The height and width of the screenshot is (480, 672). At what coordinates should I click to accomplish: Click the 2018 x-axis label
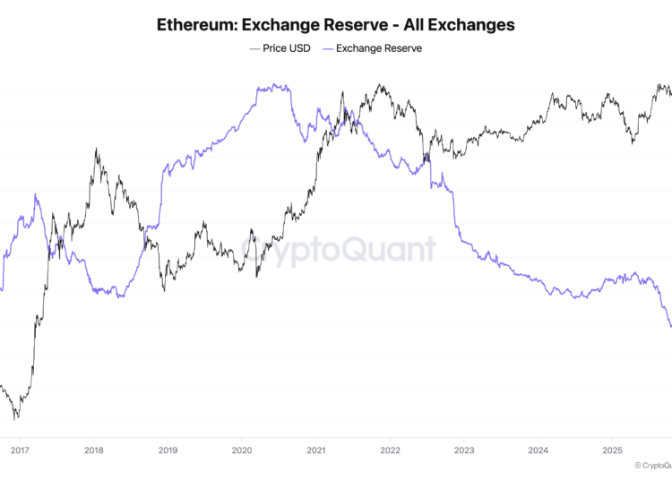[92, 450]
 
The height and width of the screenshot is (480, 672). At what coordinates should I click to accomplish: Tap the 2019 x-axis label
[167, 450]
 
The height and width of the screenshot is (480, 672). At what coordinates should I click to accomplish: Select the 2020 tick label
[241, 450]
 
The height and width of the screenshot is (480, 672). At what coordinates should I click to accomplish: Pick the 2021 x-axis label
[315, 450]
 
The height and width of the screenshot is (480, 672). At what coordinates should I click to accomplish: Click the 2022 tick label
[390, 450]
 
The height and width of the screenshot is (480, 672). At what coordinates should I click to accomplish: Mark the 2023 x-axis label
[464, 450]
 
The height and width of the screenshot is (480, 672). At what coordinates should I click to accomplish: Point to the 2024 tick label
[538, 450]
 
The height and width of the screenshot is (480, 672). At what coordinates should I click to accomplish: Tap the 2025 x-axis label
[613, 450]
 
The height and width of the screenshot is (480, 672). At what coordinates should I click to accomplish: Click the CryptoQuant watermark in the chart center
[337, 249]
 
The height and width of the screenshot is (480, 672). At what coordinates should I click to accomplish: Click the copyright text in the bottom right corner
[652, 466]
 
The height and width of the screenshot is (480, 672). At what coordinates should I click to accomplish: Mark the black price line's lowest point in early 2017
[15, 418]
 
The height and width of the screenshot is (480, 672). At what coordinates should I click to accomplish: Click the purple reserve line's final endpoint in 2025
[670, 327]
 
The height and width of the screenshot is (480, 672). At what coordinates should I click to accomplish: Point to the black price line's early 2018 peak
[96, 150]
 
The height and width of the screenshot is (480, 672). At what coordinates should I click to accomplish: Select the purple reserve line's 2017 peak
[36, 193]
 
